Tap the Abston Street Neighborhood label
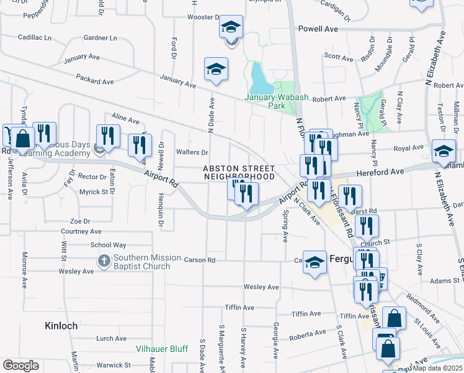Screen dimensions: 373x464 click(239, 172)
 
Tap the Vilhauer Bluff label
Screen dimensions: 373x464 click(162, 349)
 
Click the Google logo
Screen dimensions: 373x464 click(20, 366)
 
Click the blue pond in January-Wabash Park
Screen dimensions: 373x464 click(258, 77)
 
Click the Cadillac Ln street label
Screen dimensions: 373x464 click(34, 37)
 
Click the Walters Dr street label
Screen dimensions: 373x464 click(192, 152)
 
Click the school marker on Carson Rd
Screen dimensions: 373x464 click(315, 262)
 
